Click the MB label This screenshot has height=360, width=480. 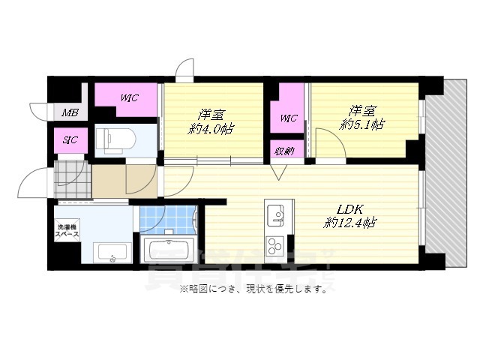pyautogui.click(x=70, y=113)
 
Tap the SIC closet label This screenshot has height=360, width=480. pyautogui.click(x=70, y=139)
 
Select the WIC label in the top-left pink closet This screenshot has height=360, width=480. pyautogui.click(x=128, y=97)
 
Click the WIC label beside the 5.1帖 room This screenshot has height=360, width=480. pyautogui.click(x=289, y=118)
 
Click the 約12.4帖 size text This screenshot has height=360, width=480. pyautogui.click(x=349, y=222)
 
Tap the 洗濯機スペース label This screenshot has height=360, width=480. pyautogui.click(x=67, y=231)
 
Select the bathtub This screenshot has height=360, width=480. pyautogui.click(x=169, y=249)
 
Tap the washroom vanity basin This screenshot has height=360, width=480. pyautogui.click(x=111, y=253)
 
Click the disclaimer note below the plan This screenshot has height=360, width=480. pyautogui.click(x=253, y=289)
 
